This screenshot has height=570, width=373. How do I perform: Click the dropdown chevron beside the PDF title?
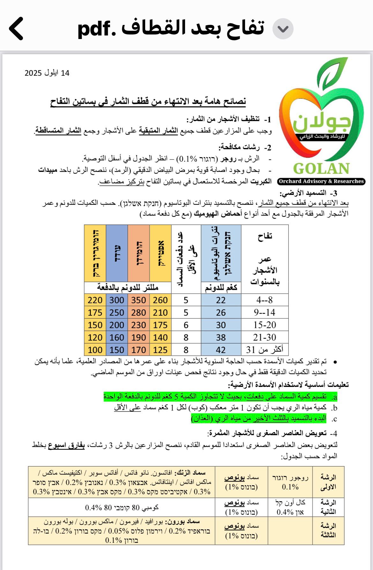click(283, 29)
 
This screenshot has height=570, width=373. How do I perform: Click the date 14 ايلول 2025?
click(47, 73)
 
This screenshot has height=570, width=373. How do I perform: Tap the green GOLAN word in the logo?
click(321, 168)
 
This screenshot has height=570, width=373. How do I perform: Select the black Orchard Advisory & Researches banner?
click(321, 181)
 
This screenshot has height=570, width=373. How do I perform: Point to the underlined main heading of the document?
click(148, 102)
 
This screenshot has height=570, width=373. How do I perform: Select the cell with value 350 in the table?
click(138, 300)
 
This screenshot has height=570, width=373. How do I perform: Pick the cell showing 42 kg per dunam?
click(221, 350)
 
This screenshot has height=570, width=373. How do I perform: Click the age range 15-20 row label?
click(265, 325)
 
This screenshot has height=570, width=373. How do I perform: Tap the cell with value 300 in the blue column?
click(117, 300)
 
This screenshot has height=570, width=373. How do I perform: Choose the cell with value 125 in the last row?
click(160, 350)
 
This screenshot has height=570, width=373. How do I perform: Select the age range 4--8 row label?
click(265, 300)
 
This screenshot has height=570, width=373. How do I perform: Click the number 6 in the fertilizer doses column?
click(186, 325)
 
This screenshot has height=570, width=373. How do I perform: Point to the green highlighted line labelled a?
click(220, 397)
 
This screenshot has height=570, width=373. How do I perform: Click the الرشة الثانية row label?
click(328, 507)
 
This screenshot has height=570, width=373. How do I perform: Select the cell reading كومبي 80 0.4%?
click(122, 507)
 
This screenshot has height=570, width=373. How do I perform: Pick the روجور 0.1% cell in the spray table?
click(290, 482)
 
